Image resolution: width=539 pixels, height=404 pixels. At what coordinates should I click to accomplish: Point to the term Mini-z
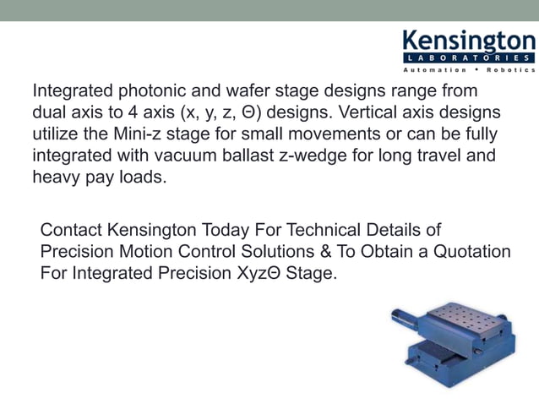[190, 134]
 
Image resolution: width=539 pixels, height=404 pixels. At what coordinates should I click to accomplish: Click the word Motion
[144, 252]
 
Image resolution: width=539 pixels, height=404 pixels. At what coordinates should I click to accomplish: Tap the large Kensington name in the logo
[467, 41]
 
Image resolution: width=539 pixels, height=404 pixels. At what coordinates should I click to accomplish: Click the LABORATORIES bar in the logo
[467, 57]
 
